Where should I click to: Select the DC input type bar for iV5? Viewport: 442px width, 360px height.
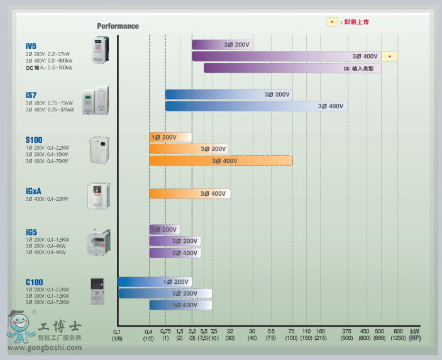(x=292, y=68)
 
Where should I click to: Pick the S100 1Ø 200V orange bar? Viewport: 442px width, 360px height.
(x=170, y=137)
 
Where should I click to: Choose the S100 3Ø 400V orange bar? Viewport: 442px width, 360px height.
(x=221, y=161)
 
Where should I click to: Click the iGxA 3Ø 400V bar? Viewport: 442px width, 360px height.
(x=190, y=193)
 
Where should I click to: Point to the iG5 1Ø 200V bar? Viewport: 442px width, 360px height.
(x=163, y=229)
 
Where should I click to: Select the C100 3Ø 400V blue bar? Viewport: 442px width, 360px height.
(x=180, y=305)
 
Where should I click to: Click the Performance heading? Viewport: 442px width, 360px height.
(x=118, y=26)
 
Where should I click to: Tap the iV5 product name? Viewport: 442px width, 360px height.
(x=31, y=47)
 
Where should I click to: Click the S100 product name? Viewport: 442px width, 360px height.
(x=34, y=140)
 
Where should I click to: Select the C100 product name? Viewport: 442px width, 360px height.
(x=34, y=282)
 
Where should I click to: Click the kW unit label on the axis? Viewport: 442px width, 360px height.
(x=415, y=331)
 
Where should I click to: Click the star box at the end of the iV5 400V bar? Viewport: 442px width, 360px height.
(x=390, y=57)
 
